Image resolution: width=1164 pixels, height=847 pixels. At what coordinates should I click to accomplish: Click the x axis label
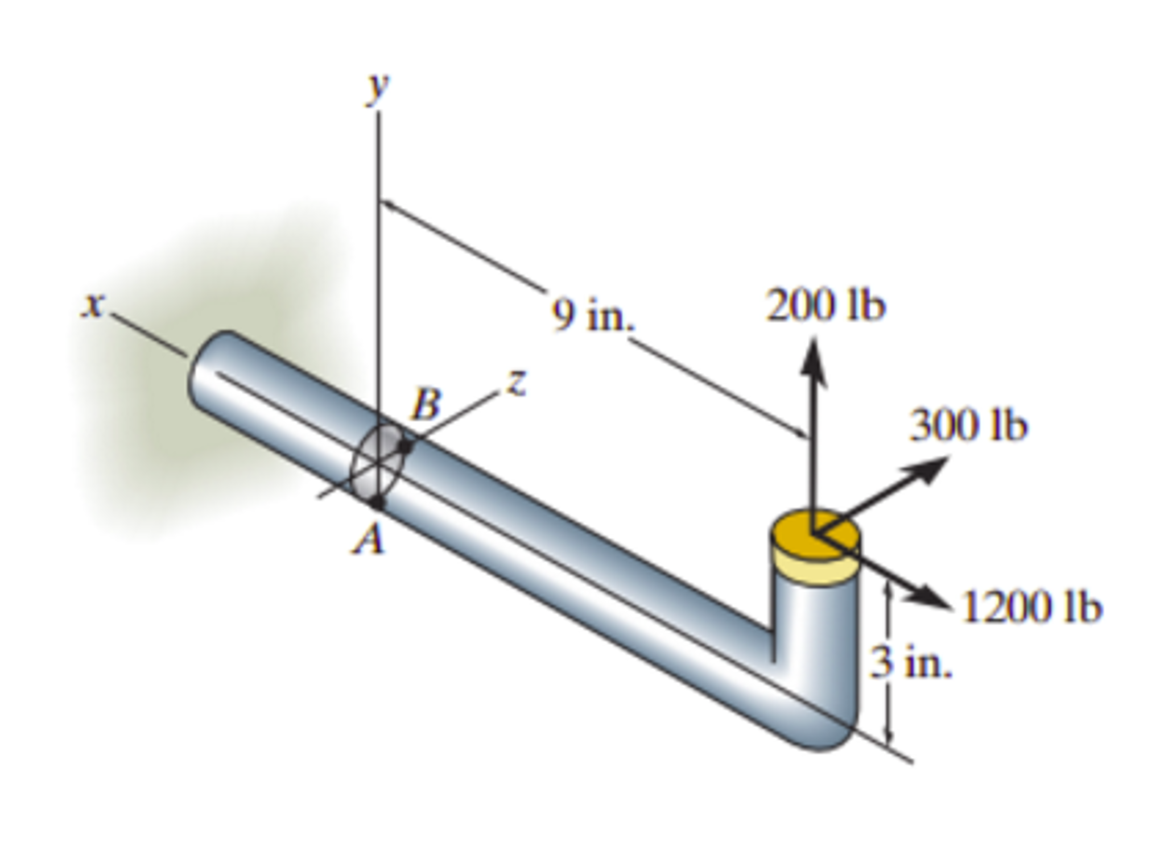tap(93, 306)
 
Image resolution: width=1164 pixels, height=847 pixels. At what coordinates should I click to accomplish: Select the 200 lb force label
tap(825, 306)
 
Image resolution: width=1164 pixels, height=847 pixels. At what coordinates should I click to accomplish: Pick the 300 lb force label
tap(968, 426)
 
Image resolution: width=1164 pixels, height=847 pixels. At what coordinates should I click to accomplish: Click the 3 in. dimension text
tap(910, 662)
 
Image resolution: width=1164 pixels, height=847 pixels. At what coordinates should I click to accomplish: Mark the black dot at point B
tap(405, 447)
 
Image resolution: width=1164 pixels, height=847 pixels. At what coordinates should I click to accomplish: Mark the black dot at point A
tap(377, 501)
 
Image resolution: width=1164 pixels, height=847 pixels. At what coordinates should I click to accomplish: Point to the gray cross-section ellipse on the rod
tap(377, 462)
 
